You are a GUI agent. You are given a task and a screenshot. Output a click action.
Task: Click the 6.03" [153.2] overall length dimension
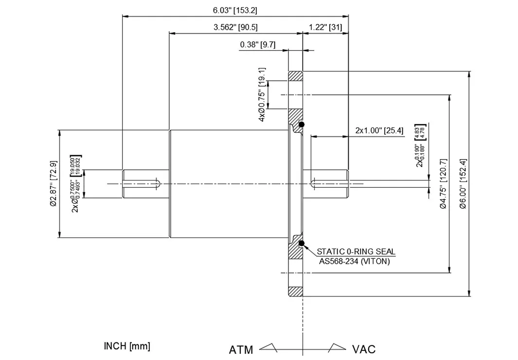point(235,10)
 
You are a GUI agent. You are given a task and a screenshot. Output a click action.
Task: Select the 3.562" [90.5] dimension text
point(235,28)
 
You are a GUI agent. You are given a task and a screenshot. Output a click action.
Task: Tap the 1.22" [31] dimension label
point(325,28)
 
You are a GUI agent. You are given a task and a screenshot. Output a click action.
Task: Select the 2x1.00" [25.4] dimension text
point(379,130)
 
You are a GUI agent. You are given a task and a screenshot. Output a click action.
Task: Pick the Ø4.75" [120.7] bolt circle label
point(443,184)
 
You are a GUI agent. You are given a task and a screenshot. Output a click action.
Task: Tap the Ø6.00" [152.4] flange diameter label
point(463,184)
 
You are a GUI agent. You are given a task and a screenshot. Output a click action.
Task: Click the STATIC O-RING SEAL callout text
point(356,252)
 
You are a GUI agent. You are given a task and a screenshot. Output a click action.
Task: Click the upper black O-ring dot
point(302,125)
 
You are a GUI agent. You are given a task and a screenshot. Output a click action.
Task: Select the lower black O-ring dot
point(302,243)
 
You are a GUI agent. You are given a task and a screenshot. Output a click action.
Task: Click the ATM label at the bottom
point(241,350)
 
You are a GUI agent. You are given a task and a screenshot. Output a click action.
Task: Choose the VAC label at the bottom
point(363,349)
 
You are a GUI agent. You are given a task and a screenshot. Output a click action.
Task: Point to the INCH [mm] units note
point(127,346)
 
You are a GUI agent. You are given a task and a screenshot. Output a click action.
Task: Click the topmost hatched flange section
point(296,76)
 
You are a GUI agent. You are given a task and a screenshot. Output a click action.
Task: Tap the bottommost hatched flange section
point(296,292)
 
